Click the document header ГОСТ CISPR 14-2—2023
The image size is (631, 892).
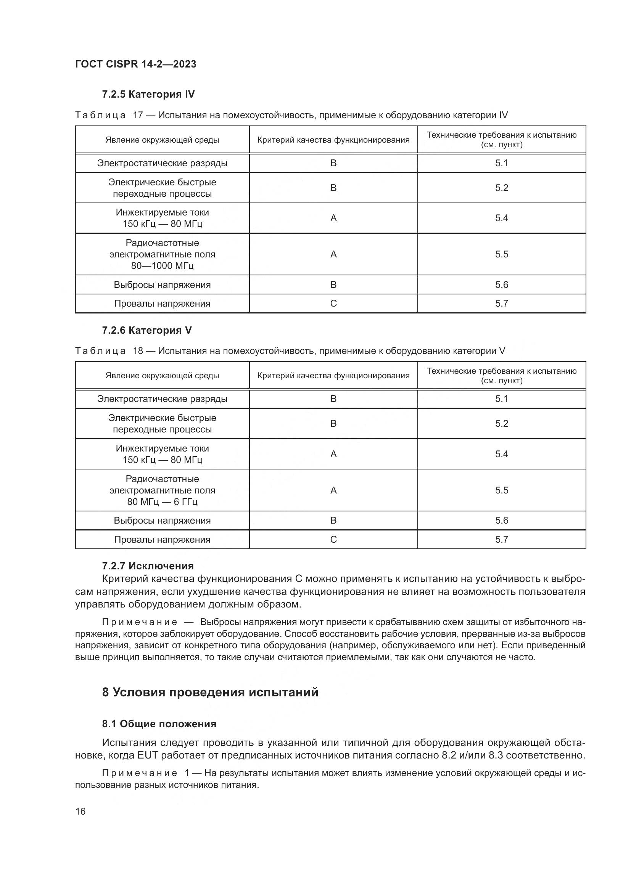(135, 64)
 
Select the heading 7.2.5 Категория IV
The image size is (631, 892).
(148, 95)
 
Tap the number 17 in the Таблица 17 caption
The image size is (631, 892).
(138, 116)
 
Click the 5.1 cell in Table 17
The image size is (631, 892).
(501, 163)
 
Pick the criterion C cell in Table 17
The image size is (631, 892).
(333, 304)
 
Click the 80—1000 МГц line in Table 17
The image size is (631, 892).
(162, 266)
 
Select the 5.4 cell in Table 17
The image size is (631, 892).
(501, 218)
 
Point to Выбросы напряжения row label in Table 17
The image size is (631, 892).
(162, 285)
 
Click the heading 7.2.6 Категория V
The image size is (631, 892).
(146, 330)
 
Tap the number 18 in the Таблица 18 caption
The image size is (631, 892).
(138, 351)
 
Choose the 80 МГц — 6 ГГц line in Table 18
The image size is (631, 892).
(162, 501)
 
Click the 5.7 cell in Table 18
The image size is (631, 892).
(501, 539)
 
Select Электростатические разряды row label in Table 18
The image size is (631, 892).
(162, 399)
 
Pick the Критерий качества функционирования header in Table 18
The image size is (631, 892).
(333, 376)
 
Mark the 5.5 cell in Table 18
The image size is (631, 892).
(501, 490)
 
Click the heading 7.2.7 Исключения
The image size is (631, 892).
(148, 566)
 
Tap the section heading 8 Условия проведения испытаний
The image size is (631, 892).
(210, 692)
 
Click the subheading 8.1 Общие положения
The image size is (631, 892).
(159, 724)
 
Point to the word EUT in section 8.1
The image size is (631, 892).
(146, 755)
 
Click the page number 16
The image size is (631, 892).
(80, 811)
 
